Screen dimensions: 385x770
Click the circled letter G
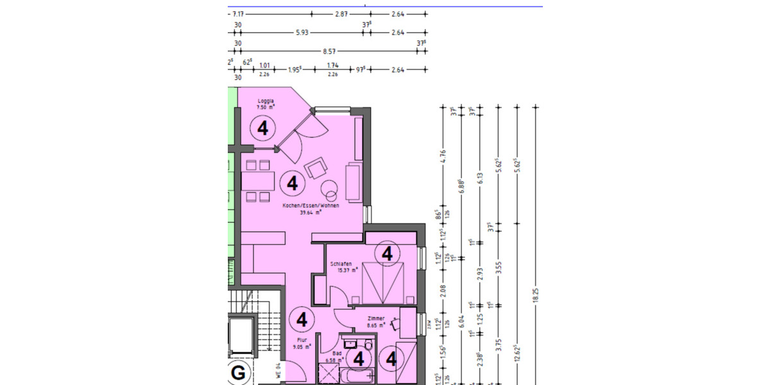238,373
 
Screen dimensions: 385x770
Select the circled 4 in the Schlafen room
387,254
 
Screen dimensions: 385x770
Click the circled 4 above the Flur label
302,319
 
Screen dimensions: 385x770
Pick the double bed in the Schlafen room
383,282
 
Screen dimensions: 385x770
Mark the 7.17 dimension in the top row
238,13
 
